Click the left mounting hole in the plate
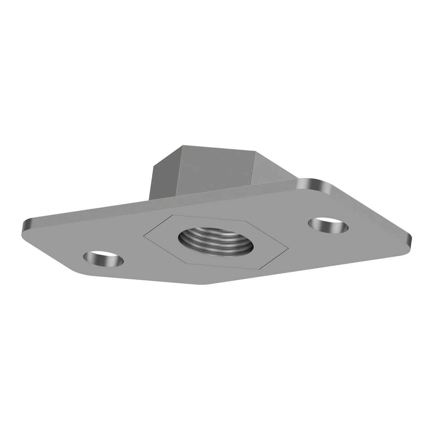click(x=103, y=259)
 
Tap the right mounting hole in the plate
click(x=328, y=225)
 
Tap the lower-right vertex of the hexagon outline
click(x=260, y=270)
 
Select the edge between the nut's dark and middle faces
click(x=182, y=172)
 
